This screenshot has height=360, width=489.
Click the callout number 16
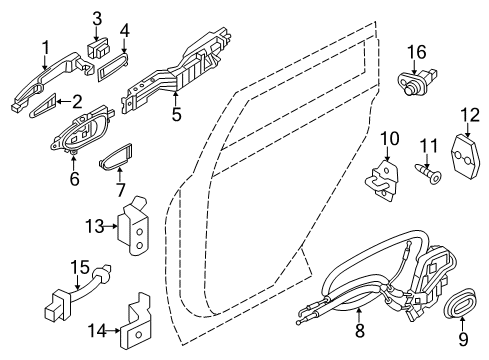[415, 51]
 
